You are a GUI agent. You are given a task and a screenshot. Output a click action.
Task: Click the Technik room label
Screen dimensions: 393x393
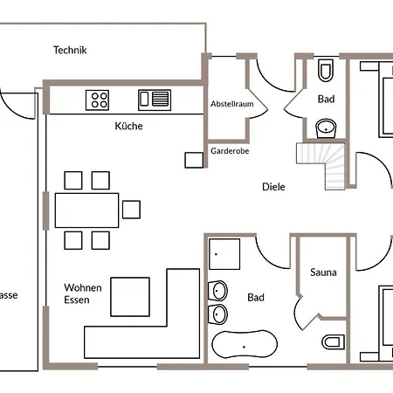[x=69, y=50]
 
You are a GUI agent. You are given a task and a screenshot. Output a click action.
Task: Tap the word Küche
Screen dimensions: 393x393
[x=128, y=126]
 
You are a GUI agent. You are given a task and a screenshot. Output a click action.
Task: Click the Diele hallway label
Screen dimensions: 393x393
[x=273, y=186]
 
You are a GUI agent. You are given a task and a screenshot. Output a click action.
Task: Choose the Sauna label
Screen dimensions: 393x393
[x=323, y=272]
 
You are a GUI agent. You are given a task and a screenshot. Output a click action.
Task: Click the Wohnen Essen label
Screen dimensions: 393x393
[x=82, y=294]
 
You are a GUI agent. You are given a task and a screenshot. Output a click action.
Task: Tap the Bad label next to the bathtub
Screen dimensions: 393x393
[x=255, y=298]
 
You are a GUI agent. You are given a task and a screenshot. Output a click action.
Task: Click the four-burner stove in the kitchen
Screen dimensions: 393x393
[x=98, y=100]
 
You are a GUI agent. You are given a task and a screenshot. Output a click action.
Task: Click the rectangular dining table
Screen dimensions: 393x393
[x=87, y=210]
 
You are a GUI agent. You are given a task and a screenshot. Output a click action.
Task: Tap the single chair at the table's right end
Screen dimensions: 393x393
[x=131, y=209]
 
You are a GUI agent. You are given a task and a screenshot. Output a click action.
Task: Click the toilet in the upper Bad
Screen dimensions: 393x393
[x=326, y=70]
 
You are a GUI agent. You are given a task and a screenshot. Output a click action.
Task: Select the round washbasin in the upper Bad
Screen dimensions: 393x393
[x=327, y=128]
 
